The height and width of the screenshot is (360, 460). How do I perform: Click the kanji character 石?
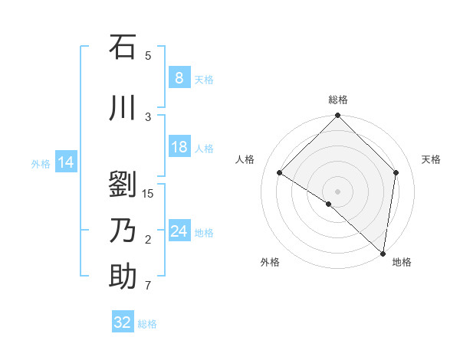coord(123,47)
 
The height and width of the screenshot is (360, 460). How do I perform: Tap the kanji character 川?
coord(123,109)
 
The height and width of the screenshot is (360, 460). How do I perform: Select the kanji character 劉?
coord(123,185)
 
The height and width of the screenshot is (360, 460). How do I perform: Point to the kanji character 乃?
coord(123,231)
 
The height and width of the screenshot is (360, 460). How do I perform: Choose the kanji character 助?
coord(123,277)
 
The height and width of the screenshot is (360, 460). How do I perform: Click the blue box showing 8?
coord(179,78)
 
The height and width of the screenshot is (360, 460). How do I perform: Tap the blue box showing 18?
coord(179,147)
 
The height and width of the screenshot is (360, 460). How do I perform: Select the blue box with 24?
coord(179,231)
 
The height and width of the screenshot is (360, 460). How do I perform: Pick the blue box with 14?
coord(65,162)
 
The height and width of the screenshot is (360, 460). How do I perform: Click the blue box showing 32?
coord(123,322)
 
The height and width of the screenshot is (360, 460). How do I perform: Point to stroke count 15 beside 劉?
coord(148,193)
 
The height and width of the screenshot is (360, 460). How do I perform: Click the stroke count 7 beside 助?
coord(148,286)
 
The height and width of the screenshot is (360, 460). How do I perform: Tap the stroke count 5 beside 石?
coord(148,55)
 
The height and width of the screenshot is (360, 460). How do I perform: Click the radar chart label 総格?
coord(338,100)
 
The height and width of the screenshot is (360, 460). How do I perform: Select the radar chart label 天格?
coord(432,159)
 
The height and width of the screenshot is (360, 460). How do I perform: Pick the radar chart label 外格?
coord(270,262)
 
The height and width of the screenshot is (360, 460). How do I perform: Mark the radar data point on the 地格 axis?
coord(383,253)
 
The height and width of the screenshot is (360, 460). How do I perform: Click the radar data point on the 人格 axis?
coord(280,173)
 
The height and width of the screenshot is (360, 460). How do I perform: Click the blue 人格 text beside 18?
coord(204,148)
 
